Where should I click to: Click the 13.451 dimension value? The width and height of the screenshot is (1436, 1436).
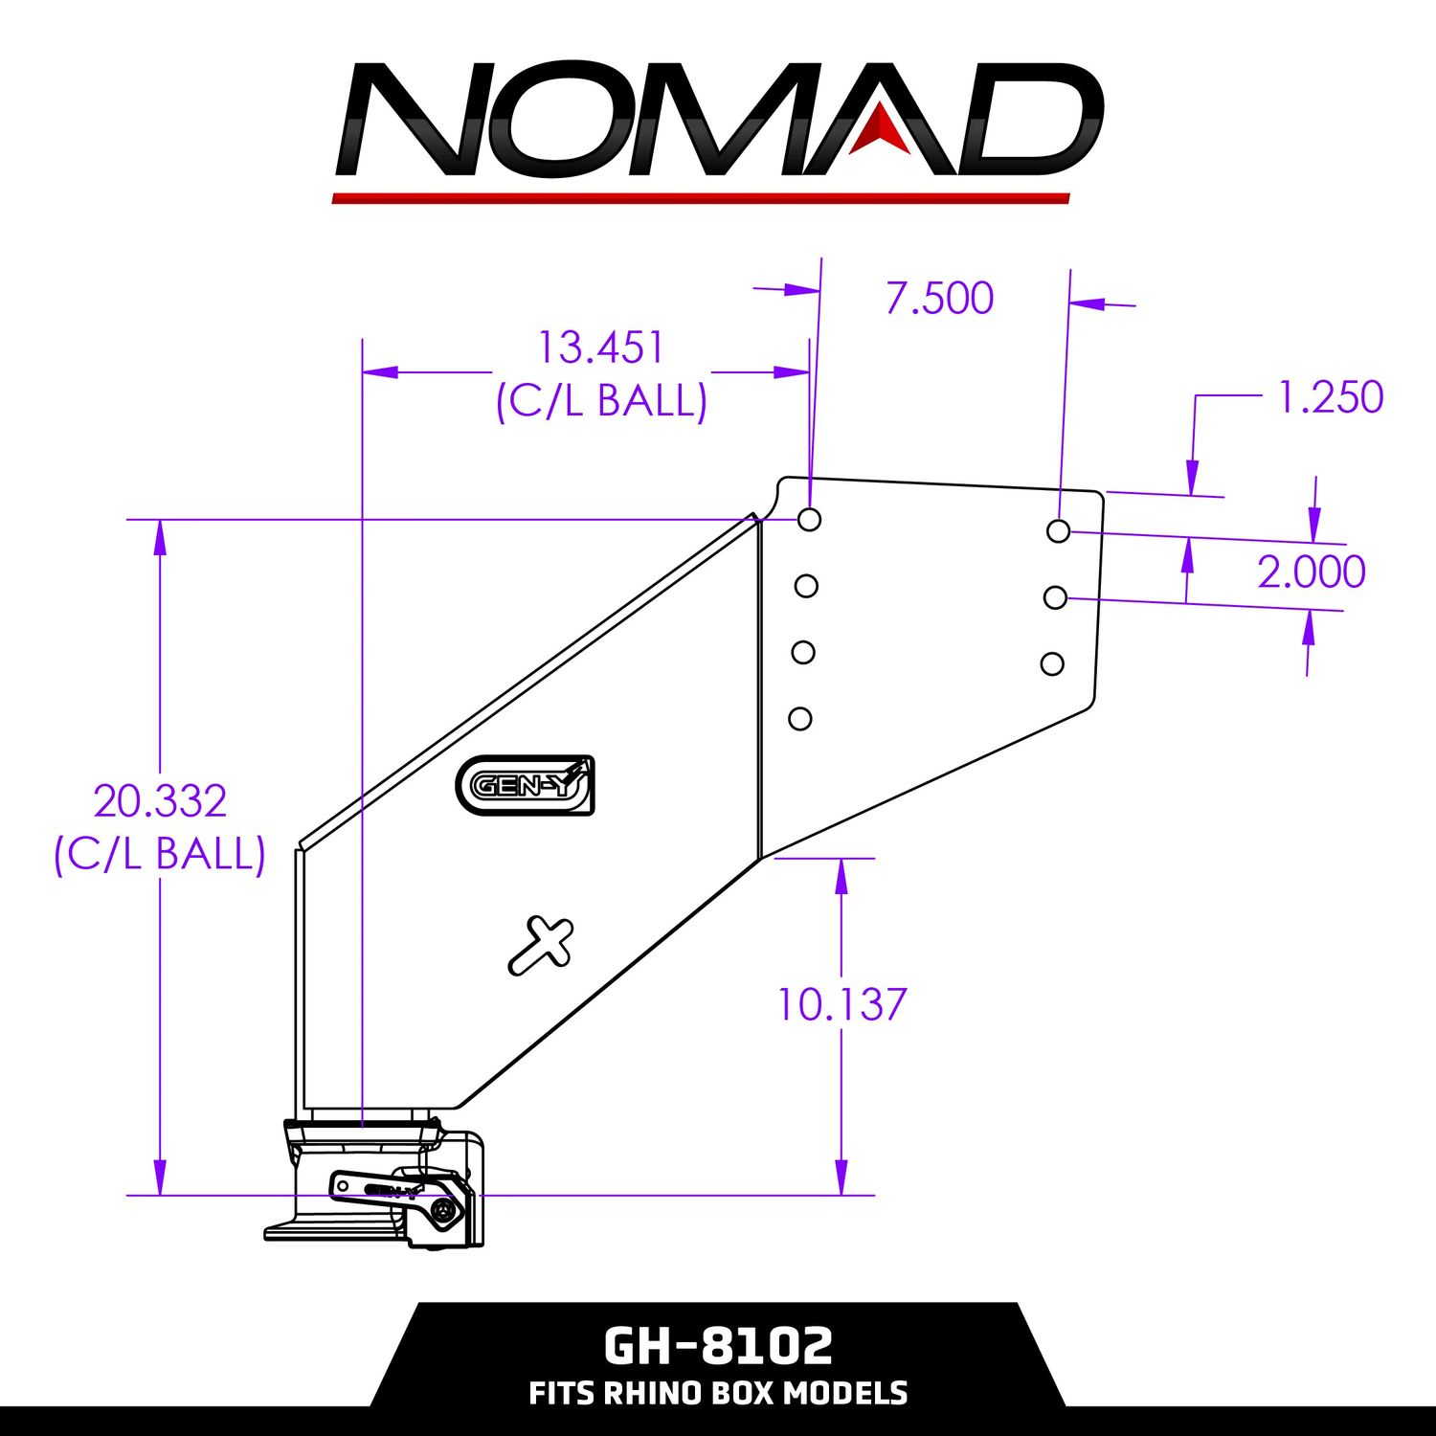(x=600, y=348)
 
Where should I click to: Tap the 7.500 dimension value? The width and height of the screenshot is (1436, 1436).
(x=939, y=298)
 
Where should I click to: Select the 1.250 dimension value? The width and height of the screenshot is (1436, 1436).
(x=1331, y=397)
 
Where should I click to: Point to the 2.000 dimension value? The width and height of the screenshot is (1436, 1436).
(x=1311, y=572)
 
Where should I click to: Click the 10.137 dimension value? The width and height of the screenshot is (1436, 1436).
(x=841, y=1004)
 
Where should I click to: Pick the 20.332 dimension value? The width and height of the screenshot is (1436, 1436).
(x=160, y=801)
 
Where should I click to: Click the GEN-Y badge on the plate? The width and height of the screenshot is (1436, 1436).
(x=525, y=785)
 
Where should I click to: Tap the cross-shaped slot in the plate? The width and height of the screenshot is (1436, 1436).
(x=541, y=945)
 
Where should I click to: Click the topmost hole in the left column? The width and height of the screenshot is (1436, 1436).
(x=809, y=520)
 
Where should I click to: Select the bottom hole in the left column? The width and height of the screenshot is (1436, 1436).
(x=800, y=718)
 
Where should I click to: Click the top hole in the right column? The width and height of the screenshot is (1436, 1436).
(x=1058, y=530)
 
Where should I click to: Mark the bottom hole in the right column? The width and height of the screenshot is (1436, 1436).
(x=1052, y=663)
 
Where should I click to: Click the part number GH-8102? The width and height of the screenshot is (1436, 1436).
(x=718, y=1345)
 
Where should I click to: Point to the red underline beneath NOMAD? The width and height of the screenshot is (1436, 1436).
(x=701, y=198)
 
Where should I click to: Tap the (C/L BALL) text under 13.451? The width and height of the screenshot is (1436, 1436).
(x=601, y=400)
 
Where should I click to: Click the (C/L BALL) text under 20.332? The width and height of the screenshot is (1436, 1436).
(x=160, y=853)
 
